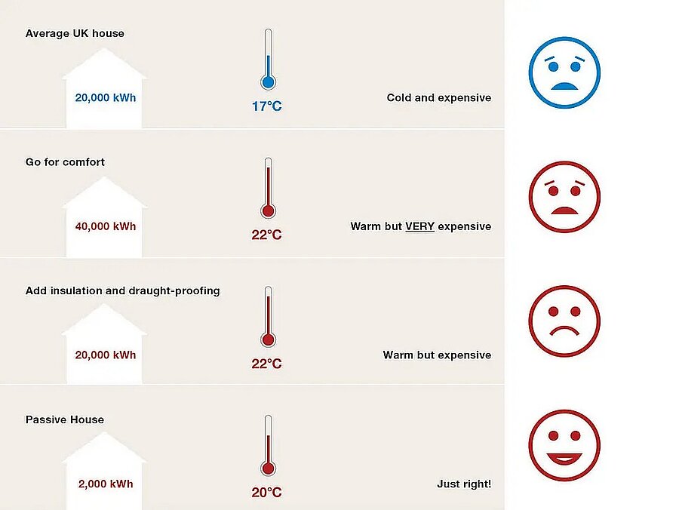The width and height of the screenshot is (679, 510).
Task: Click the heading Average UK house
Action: pos(75,33)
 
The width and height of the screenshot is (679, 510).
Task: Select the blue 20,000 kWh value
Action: pos(106,97)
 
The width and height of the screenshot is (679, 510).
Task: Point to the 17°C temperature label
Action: pos(266,106)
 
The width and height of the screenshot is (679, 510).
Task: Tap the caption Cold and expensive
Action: pos(438,97)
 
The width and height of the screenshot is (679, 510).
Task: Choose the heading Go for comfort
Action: pos(65,162)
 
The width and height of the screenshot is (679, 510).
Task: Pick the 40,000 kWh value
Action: pos(106,226)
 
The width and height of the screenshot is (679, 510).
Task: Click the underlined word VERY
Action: pos(419,226)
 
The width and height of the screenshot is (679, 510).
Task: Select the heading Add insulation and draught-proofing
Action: pos(123,290)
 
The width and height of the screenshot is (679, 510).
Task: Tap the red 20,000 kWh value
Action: pos(106,355)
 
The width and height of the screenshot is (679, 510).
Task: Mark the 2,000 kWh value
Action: pos(106,484)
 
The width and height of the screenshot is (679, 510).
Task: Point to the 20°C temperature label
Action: pos(266,493)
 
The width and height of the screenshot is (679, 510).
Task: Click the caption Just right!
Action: pos(464,484)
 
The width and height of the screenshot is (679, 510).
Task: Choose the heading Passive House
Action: pos(65,419)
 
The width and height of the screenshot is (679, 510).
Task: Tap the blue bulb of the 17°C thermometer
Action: pos(267,82)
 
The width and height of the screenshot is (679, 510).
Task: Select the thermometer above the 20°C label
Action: pos(267,445)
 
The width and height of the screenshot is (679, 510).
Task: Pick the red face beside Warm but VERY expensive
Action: pos(564,196)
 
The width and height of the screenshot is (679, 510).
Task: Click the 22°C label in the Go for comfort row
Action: pos(266,235)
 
